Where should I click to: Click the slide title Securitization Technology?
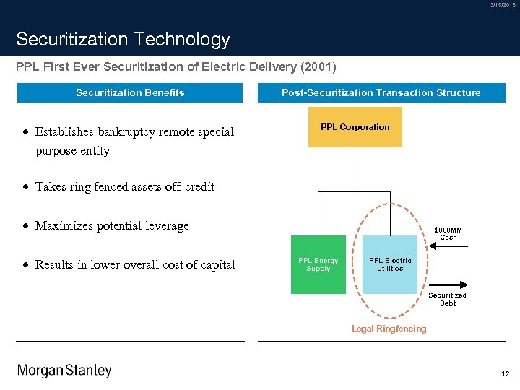click(x=123, y=39)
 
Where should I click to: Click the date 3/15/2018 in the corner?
click(x=503, y=5)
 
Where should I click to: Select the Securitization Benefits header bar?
click(x=130, y=92)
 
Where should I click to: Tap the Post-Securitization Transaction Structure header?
click(x=381, y=92)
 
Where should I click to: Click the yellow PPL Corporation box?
click(x=355, y=127)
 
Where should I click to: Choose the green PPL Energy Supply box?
click(x=318, y=264)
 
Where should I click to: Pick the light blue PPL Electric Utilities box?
click(x=390, y=264)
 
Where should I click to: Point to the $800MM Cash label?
click(x=448, y=233)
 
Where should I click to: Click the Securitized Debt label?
click(x=447, y=299)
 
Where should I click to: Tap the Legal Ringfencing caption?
click(x=389, y=329)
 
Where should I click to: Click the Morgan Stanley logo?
click(x=64, y=370)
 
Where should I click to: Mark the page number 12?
click(x=505, y=373)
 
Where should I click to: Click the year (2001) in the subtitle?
click(x=318, y=67)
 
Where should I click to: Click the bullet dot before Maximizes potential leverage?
click(x=25, y=225)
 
